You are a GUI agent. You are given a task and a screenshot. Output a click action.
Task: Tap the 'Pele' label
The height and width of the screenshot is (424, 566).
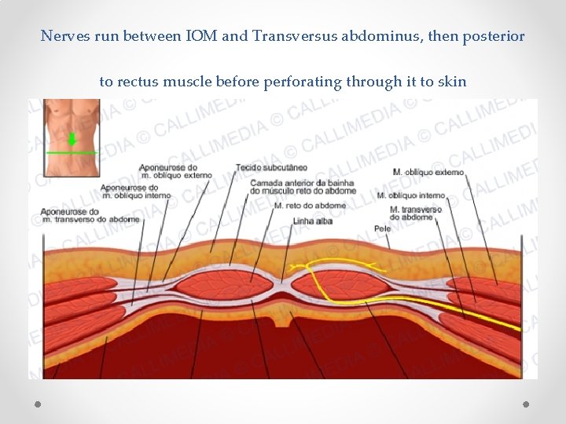click(383, 228)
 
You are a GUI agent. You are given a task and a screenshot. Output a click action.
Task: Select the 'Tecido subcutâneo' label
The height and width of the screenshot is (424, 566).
click(271, 167)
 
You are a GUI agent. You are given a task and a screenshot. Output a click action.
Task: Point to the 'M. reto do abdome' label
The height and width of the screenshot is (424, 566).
click(310, 206)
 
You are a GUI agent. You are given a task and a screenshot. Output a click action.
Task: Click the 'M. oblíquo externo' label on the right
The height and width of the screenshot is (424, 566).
click(428, 172)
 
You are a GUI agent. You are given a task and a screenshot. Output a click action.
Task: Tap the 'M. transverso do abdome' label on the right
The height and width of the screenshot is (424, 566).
click(416, 213)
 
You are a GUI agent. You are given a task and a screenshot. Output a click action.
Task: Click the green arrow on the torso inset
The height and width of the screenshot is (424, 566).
click(72, 140)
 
